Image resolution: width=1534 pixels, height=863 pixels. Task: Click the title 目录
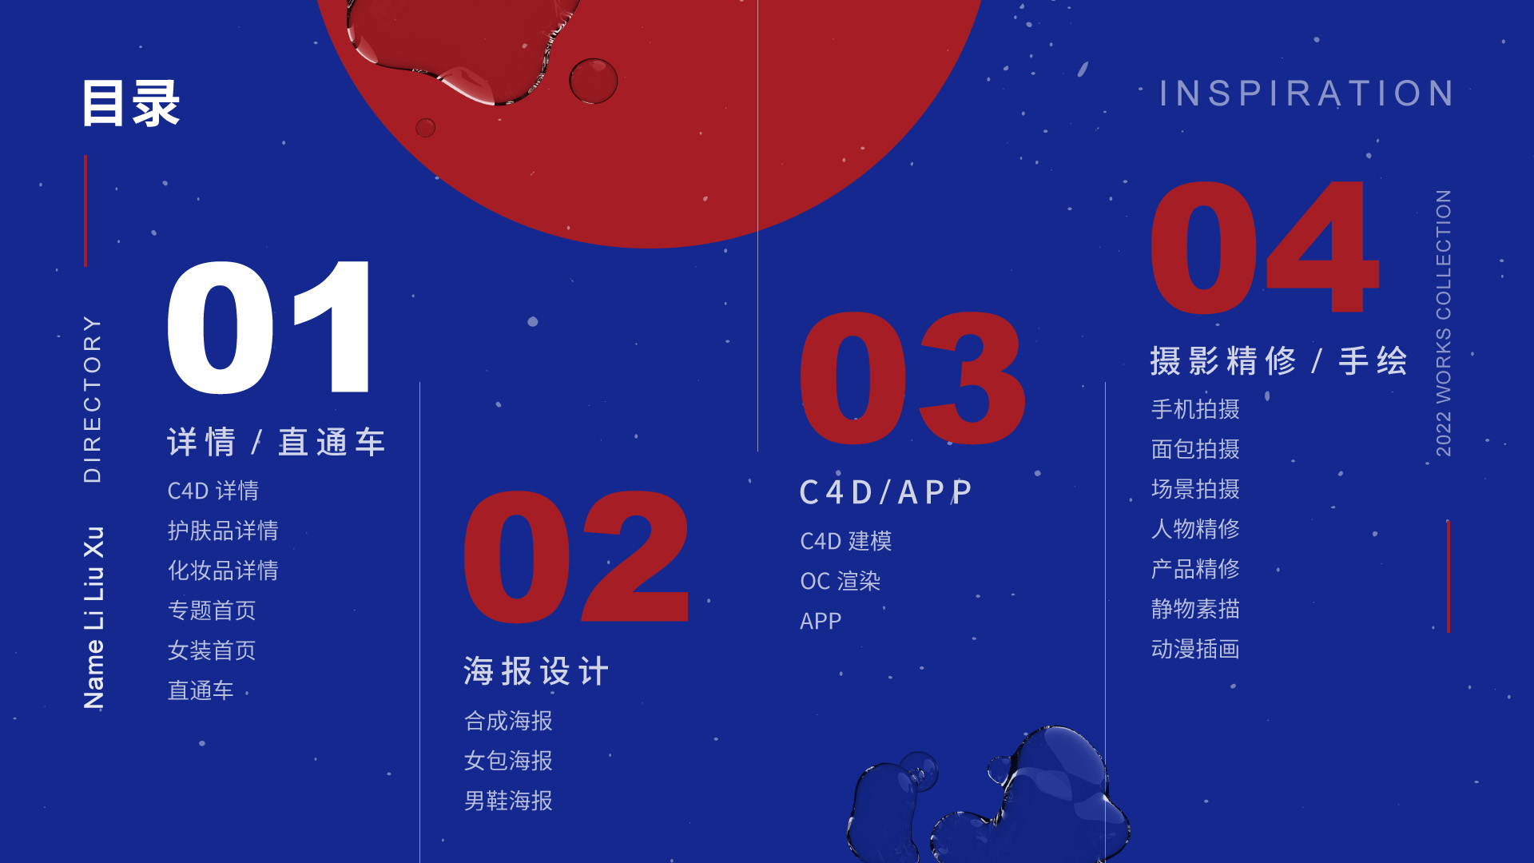point(132,103)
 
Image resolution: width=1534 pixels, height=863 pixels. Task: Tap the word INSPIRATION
point(1307,93)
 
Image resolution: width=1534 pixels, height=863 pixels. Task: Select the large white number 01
point(269,328)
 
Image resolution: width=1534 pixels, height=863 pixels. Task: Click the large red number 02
point(576,557)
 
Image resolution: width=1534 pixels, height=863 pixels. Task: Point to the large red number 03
point(912,378)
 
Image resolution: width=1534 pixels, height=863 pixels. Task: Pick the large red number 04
point(1265,247)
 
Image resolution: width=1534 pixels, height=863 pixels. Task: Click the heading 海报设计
point(536,671)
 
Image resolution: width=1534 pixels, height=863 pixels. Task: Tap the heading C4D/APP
point(886,492)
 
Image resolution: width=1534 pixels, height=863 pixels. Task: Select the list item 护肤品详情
point(223,531)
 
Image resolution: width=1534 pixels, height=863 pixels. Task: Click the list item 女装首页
point(212,650)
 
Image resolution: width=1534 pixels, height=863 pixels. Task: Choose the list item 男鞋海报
point(508,801)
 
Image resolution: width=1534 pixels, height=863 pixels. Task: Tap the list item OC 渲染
point(841,581)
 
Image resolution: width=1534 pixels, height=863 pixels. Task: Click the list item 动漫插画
point(1195,649)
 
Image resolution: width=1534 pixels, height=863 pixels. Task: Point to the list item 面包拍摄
point(1195,449)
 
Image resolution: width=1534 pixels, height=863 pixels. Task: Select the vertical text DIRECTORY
point(93,399)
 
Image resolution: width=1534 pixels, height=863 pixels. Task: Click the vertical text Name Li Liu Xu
point(93,618)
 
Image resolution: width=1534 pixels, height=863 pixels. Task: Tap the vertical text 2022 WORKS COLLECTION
point(1443,323)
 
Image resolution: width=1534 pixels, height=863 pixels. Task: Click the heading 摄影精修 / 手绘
point(1278,361)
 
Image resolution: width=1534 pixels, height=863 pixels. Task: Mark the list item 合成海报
point(508,721)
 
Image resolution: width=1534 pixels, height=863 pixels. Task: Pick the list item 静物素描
point(1195,609)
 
